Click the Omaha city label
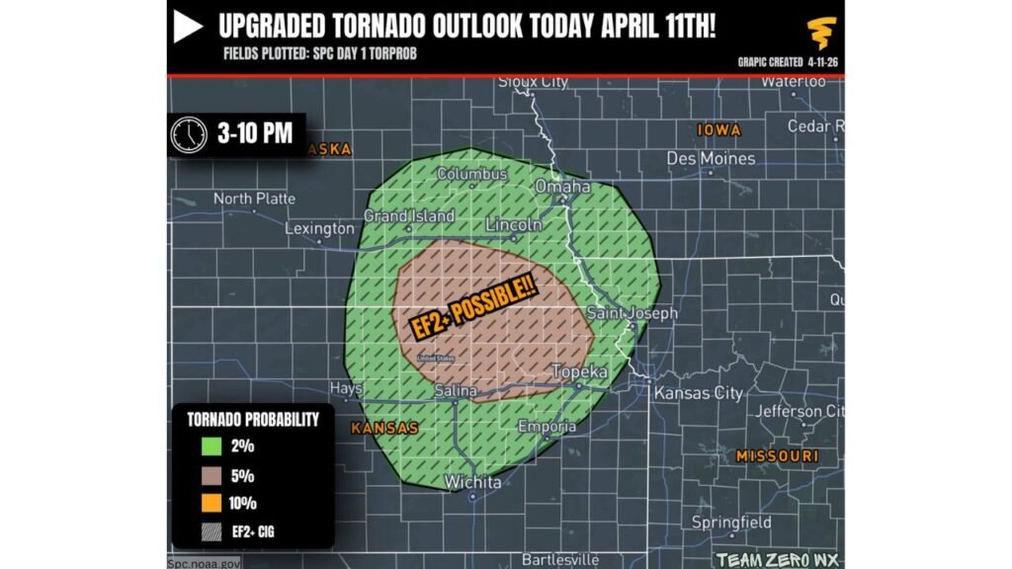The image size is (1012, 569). pos(562,187)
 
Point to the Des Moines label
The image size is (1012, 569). pos(711,158)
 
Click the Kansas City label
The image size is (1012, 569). pos(698,393)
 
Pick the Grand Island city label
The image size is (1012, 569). pos(409,216)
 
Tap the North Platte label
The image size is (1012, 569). pos(254,199)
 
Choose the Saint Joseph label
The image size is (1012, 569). pos(632,313)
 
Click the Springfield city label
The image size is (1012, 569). pos(731,521)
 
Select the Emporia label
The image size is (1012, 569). pos(547,427)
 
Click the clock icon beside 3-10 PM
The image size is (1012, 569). pos(189,134)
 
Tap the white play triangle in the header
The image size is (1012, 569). pos(188,28)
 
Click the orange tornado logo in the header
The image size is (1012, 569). pos(820,33)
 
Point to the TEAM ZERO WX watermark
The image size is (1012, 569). pos(778,559)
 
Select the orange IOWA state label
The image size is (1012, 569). pos(718,129)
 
